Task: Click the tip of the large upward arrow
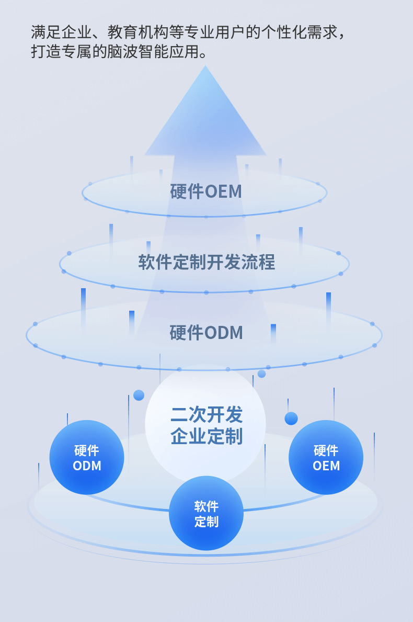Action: coord(205,66)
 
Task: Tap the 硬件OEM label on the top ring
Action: coord(205,191)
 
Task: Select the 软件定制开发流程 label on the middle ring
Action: coord(206,262)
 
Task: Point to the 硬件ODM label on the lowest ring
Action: coord(206,332)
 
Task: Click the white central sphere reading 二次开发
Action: coord(205,423)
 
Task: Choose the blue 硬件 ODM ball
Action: coord(87,457)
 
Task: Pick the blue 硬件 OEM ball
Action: coord(326,457)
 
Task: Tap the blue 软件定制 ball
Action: coord(206,513)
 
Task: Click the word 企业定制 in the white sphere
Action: coord(206,436)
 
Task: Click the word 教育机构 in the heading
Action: coord(138,32)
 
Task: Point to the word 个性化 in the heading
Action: coord(284,32)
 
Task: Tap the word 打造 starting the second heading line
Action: coord(47,52)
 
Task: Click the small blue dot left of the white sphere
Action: coord(139,395)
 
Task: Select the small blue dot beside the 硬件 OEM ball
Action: coord(291,419)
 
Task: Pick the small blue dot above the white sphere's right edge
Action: coord(261,374)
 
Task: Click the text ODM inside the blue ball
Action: coord(87,466)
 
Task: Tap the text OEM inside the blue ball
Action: coord(326,466)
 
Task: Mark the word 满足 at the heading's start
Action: coord(47,32)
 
